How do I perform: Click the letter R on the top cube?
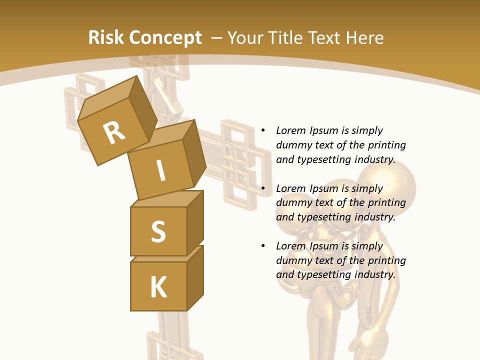114,133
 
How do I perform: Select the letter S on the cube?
158,231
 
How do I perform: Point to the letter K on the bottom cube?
158,287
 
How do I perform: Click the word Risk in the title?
105,38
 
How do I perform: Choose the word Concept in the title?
165,38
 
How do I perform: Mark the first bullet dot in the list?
263,130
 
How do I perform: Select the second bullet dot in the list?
263,188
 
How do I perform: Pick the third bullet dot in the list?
263,246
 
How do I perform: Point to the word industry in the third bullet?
374,274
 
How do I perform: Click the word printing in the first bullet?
386,145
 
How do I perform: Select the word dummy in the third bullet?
293,260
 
